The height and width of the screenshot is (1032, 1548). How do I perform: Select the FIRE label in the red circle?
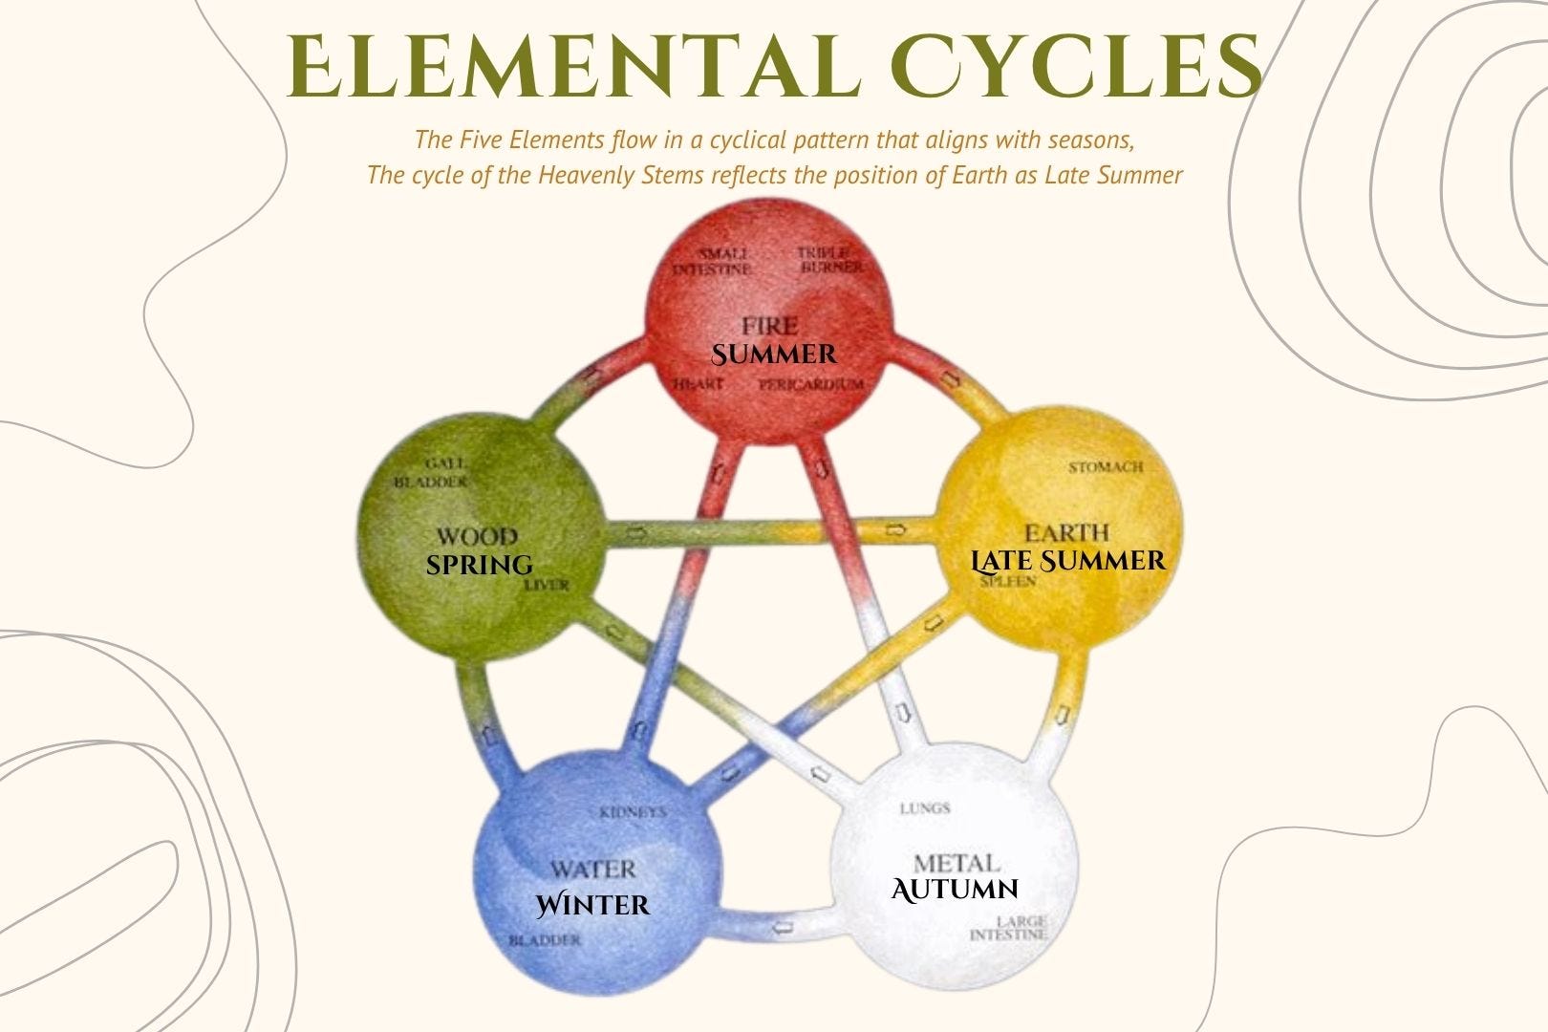[x=769, y=326]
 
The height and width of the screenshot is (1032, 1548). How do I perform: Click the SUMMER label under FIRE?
[x=774, y=355]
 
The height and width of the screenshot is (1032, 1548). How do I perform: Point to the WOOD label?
[x=477, y=537]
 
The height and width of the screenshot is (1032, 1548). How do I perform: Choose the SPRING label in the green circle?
[x=479, y=565]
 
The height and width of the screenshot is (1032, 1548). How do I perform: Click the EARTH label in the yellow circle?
[x=1066, y=532]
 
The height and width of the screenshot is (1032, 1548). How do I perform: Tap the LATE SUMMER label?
[x=1068, y=560]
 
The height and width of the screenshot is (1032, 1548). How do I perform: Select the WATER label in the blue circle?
[x=592, y=870]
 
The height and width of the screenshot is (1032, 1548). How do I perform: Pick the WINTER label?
[x=592, y=904]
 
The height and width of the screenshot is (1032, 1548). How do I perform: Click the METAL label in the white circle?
[x=957, y=863]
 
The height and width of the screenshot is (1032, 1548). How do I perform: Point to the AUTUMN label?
[x=955, y=890]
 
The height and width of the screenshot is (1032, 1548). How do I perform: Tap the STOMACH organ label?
[x=1106, y=467]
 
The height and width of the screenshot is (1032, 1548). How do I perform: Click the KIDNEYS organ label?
[x=632, y=813]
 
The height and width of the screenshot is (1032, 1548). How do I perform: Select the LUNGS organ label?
[x=925, y=808]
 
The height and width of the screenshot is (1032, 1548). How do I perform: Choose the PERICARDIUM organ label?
[x=810, y=384]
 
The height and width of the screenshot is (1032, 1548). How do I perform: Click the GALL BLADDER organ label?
[x=431, y=472]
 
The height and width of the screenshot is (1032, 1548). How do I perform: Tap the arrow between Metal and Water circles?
[x=783, y=926]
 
